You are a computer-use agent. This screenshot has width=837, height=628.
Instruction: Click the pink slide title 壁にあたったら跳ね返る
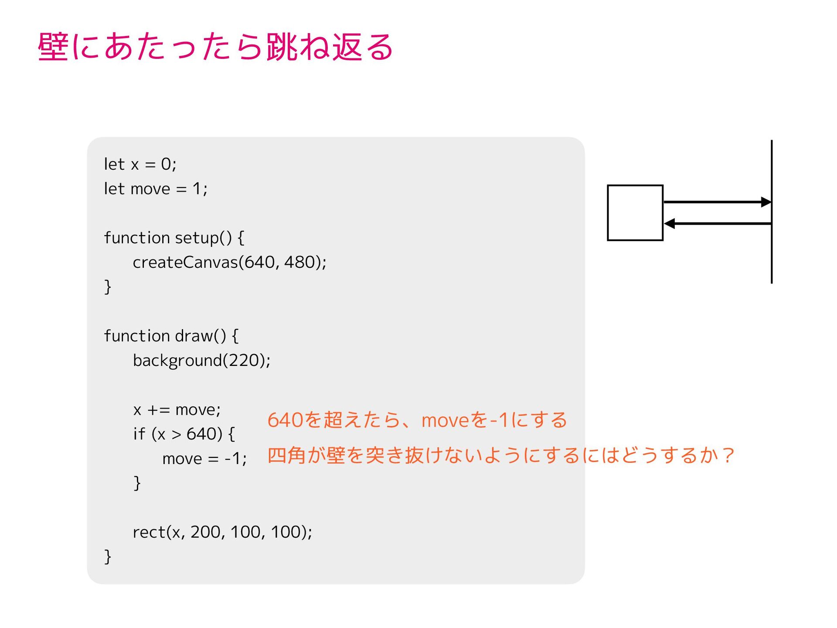pyautogui.click(x=216, y=47)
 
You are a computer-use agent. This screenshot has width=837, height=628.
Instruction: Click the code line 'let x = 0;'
pyautogui.click(x=140, y=164)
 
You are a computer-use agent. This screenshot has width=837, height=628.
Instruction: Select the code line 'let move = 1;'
pyautogui.click(x=156, y=189)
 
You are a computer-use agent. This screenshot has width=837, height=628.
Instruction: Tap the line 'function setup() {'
pyautogui.click(x=174, y=238)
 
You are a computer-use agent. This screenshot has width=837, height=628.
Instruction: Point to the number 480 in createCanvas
pyautogui.click(x=299, y=262)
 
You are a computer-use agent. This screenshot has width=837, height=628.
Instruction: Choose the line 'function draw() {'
pyautogui.click(x=171, y=336)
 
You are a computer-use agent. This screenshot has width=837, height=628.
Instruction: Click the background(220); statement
pyautogui.click(x=201, y=361)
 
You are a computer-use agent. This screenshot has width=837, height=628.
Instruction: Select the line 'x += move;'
pyautogui.click(x=177, y=410)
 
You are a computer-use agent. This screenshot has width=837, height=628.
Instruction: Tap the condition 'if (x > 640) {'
pyautogui.click(x=184, y=434)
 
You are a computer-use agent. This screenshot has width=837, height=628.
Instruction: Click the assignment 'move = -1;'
pyautogui.click(x=204, y=459)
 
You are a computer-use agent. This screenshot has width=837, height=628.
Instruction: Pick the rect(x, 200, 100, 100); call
pyautogui.click(x=222, y=532)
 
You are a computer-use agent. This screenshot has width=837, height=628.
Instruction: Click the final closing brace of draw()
pyautogui.click(x=108, y=557)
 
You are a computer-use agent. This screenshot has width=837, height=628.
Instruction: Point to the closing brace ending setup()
pyautogui.click(x=108, y=287)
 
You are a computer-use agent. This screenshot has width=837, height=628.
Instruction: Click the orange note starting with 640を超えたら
pyautogui.click(x=417, y=420)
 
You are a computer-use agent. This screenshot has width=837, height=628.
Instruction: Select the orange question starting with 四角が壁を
pyautogui.click(x=500, y=456)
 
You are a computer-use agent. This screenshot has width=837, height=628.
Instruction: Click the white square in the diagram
pyautogui.click(x=635, y=213)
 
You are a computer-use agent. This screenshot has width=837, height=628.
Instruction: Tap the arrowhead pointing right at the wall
pyautogui.click(x=766, y=202)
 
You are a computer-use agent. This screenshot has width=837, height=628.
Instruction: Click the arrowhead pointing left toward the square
pyautogui.click(x=670, y=224)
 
